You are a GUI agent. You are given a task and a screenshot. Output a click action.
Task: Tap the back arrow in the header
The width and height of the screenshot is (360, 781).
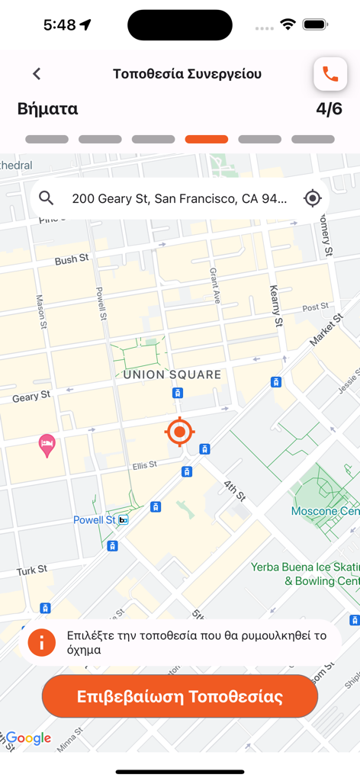click(x=37, y=74)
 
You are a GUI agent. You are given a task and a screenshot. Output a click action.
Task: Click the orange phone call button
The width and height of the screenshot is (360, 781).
click(x=330, y=74)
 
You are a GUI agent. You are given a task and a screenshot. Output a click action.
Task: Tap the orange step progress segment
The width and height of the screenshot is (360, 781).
click(x=206, y=140)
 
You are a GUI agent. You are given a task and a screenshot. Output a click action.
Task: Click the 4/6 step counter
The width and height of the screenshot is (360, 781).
click(x=329, y=109)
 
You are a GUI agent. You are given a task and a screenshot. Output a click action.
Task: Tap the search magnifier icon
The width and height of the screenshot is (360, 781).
click(x=47, y=198)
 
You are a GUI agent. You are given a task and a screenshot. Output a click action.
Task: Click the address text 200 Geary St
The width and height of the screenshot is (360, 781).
click(x=179, y=199)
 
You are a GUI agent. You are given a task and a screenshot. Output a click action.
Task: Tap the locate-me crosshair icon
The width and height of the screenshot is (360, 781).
click(x=312, y=198)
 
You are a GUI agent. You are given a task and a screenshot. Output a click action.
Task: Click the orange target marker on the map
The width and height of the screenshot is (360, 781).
click(x=179, y=432)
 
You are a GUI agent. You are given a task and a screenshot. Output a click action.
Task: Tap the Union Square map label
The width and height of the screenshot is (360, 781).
click(x=172, y=374)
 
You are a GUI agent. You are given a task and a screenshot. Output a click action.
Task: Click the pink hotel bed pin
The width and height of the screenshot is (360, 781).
click(x=47, y=445)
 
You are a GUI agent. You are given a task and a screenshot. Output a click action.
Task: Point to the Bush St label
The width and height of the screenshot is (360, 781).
click(x=71, y=260)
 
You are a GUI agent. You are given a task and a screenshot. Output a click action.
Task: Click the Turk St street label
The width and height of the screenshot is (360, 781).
click(x=32, y=570)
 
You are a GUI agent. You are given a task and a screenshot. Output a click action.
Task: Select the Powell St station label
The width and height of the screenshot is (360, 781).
click(x=95, y=520)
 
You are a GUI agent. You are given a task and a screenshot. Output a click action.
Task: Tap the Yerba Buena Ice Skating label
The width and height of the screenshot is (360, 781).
click(x=305, y=574)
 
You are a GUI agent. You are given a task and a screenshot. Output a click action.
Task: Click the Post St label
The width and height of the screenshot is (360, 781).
click(x=315, y=307)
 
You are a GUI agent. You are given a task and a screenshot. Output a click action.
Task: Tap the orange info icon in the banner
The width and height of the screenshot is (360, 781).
click(x=41, y=642)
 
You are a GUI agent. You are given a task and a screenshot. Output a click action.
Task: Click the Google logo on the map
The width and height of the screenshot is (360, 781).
click(x=28, y=738)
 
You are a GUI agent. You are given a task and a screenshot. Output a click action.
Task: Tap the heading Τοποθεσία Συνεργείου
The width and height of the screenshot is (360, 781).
click(x=187, y=74)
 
